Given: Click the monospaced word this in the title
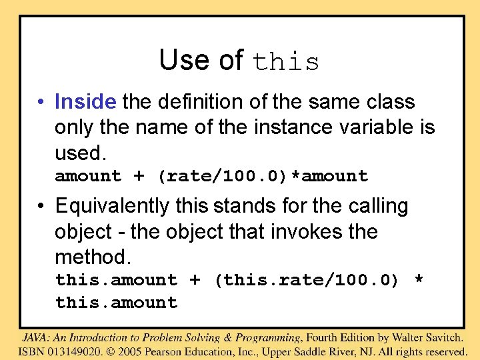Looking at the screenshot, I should coord(286,62).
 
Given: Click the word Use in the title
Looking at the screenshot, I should coord(181,61).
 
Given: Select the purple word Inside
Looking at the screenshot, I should coord(86,102).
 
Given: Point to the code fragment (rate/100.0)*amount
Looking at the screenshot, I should coord(263,176).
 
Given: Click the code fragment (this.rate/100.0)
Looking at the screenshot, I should coord(306,280).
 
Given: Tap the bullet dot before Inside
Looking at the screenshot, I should coord(41,103).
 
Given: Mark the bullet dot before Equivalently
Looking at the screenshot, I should coord(41,207).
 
